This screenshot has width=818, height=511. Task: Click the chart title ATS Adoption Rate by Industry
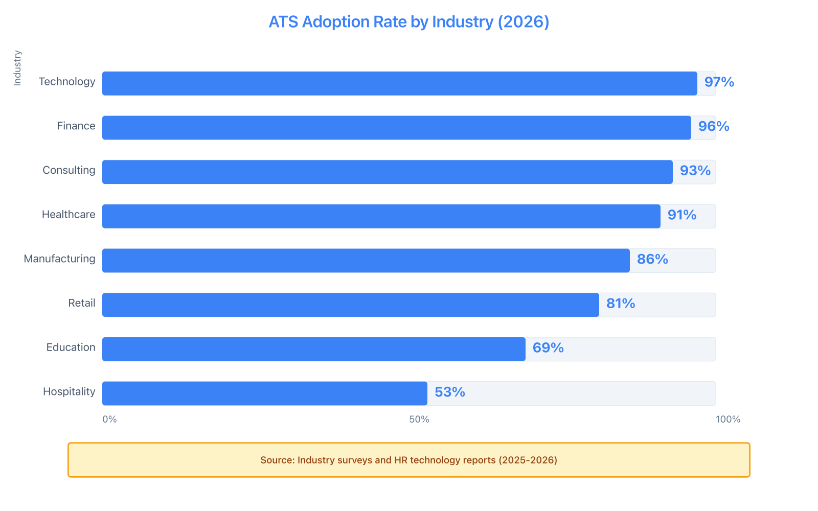pyautogui.click(x=408, y=22)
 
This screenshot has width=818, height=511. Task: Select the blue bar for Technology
pyautogui.click(x=399, y=83)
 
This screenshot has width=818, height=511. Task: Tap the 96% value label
pyautogui.click(x=714, y=126)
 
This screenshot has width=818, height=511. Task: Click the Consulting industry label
pyautogui.click(x=69, y=170)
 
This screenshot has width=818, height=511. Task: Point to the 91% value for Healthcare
pyautogui.click(x=681, y=215)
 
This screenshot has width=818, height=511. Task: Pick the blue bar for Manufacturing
pyautogui.click(x=366, y=261)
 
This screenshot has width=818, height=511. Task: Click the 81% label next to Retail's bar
pyautogui.click(x=620, y=304)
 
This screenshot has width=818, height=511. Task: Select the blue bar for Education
pyautogui.click(x=313, y=349)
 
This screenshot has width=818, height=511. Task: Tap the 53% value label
pyautogui.click(x=449, y=392)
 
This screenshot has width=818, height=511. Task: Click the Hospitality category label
pyautogui.click(x=69, y=392)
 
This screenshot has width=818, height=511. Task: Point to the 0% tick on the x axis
pyautogui.click(x=109, y=420)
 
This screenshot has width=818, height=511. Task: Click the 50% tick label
pyautogui.click(x=419, y=420)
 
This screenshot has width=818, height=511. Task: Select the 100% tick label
pyautogui.click(x=728, y=420)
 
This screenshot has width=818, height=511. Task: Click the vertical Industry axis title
pyautogui.click(x=17, y=67)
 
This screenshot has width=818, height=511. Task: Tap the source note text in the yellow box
pyautogui.click(x=408, y=460)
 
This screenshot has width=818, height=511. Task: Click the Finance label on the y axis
pyautogui.click(x=76, y=126)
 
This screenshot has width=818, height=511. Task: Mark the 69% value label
pyautogui.click(x=548, y=348)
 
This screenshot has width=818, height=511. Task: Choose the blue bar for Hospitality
pyautogui.click(x=264, y=393)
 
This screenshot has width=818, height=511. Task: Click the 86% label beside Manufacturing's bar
pyautogui.click(x=652, y=259)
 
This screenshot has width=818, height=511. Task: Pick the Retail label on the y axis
pyautogui.click(x=82, y=304)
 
